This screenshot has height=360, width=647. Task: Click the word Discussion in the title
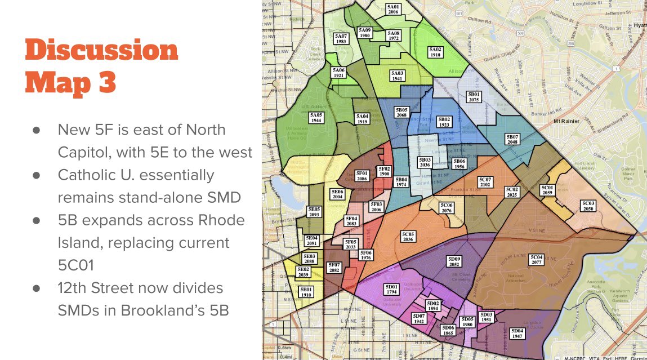tap(101, 51)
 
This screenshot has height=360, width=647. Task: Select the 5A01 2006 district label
tap(393, 8)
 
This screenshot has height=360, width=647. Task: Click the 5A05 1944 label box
tap(316, 118)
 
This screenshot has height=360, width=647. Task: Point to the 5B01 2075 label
tap(474, 97)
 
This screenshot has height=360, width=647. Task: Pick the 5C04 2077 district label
tap(537, 259)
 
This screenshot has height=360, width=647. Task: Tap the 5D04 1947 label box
tap(517, 334)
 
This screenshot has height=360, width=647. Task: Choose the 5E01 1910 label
tap(306, 292)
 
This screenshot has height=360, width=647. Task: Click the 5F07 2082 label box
tap(334, 268)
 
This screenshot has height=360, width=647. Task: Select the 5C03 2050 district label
tap(588, 206)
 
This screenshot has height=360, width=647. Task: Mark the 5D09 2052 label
tap(454, 261)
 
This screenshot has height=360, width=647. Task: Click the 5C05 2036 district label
tap(408, 236)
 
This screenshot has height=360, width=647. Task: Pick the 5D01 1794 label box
tap(391, 289)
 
